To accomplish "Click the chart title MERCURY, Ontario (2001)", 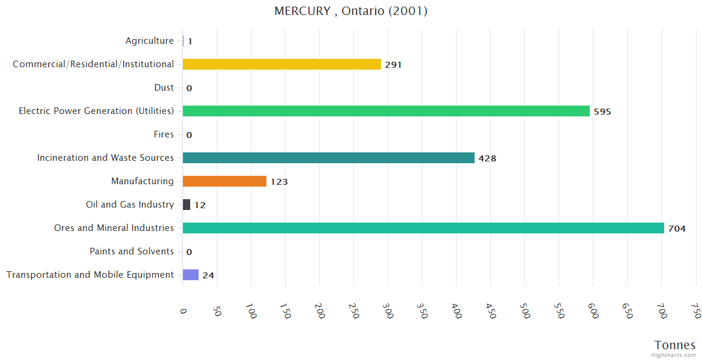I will point(351,11).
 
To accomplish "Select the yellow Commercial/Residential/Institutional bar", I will point(281,64).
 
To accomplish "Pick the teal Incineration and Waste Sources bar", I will point(328,158).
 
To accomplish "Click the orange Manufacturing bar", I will point(224,181).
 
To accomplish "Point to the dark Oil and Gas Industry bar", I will point(187,205).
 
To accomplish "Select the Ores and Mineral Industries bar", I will point(423,228).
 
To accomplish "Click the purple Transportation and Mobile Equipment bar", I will point(190,275).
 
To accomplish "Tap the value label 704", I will point(677,229).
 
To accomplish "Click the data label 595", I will point(602,112).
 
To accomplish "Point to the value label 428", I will point(487,158).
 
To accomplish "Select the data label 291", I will point(393,65).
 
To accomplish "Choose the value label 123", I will point(279,182).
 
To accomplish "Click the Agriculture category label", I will point(149,41).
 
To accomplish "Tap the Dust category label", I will point(164,88).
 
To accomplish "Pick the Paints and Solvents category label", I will point(131,251).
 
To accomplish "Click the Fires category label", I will point(163,134).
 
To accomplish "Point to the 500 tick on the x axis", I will point(525,312).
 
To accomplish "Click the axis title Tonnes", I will point(675,345).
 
